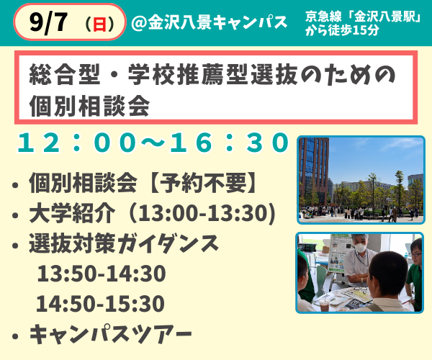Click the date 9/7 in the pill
click(48, 22)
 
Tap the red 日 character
click(99, 24)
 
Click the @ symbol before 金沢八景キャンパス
click(138, 22)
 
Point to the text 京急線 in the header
click(323, 17)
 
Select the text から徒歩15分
click(342, 30)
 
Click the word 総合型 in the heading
click(65, 74)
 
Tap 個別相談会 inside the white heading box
click(89, 106)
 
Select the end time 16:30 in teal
click(229, 143)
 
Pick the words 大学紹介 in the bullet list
click(72, 213)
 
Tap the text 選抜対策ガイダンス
click(124, 243)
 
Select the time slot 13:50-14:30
click(102, 274)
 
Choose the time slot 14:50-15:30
click(100, 304)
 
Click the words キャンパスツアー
click(110, 334)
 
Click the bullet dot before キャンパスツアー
click(15, 336)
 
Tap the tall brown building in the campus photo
click(314, 171)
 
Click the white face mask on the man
click(360, 248)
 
